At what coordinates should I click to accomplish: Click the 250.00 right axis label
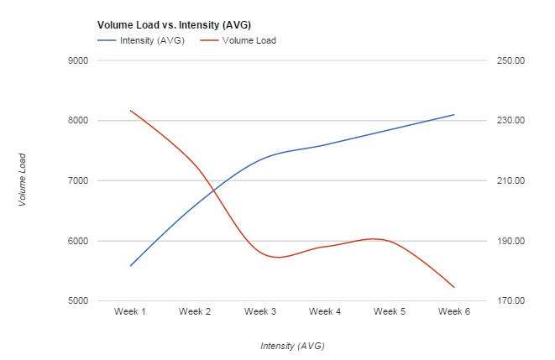(509, 60)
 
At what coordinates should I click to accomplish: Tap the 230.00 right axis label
(509, 121)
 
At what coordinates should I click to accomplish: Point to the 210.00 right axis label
(509, 181)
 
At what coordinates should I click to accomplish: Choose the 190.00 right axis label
(509, 242)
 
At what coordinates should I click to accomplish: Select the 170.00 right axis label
(509, 301)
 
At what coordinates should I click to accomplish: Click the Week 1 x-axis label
(130, 312)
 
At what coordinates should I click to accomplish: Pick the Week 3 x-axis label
(260, 312)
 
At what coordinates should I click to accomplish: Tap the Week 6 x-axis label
(454, 312)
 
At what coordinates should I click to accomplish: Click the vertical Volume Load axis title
(23, 180)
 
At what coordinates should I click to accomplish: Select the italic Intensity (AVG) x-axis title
(292, 346)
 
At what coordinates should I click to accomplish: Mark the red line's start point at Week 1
(130, 110)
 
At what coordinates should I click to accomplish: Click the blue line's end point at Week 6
(454, 114)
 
